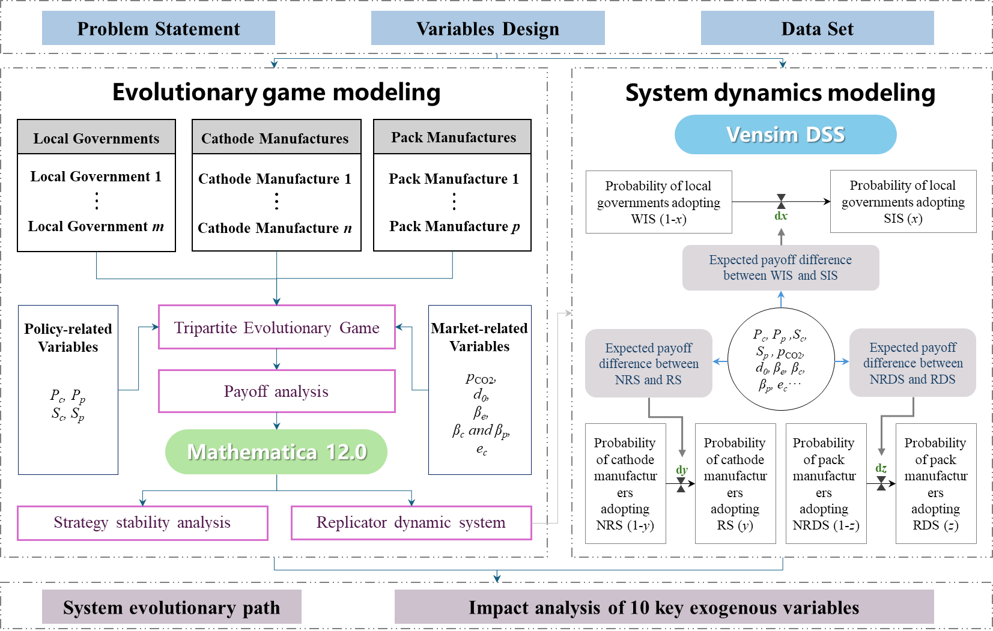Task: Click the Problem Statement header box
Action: [159, 28]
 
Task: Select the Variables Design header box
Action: [487, 28]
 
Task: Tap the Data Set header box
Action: [817, 28]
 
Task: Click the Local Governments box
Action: [96, 137]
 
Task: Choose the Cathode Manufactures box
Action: [276, 137]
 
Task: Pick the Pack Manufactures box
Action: [452, 137]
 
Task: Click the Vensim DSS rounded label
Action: [785, 134]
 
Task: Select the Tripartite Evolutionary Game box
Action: [276, 327]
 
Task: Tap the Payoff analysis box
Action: [276, 391]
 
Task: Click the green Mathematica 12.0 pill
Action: [276, 451]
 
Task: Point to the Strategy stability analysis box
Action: [142, 523]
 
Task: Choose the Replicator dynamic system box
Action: [411, 523]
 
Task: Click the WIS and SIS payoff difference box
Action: [780, 268]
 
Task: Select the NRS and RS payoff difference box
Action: [649, 363]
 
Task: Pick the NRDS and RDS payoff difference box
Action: [913, 363]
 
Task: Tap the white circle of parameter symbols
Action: [780, 359]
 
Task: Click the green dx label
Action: [781, 216]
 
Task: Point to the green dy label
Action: [681, 470]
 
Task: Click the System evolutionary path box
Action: [171, 607]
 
